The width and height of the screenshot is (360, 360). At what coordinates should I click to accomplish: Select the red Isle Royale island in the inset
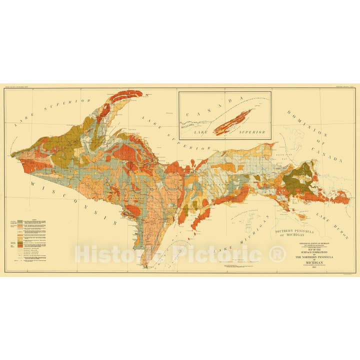point(232,122)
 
